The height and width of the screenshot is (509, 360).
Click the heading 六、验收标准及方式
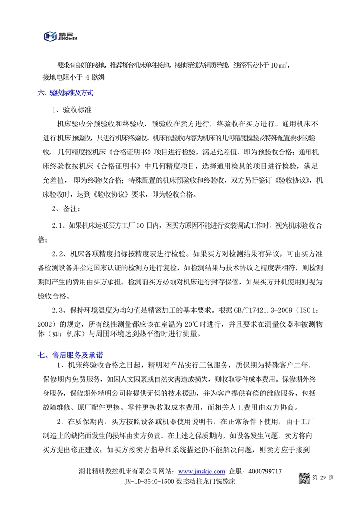(65, 93)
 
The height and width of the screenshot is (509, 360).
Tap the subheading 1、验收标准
(71, 110)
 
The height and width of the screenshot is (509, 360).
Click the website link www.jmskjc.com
(202, 471)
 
